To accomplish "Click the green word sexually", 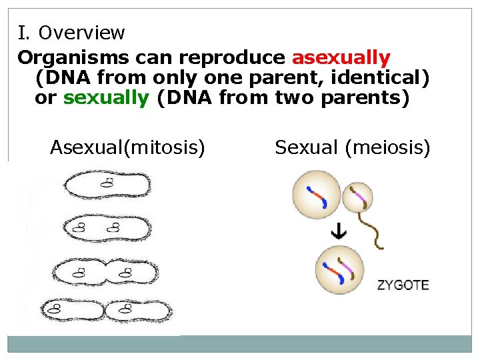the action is (x=106, y=97).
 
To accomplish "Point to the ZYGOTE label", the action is (x=403, y=285).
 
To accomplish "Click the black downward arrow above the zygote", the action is (x=339, y=232).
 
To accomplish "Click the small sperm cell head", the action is (x=357, y=197).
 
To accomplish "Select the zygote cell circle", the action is (x=339, y=270).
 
